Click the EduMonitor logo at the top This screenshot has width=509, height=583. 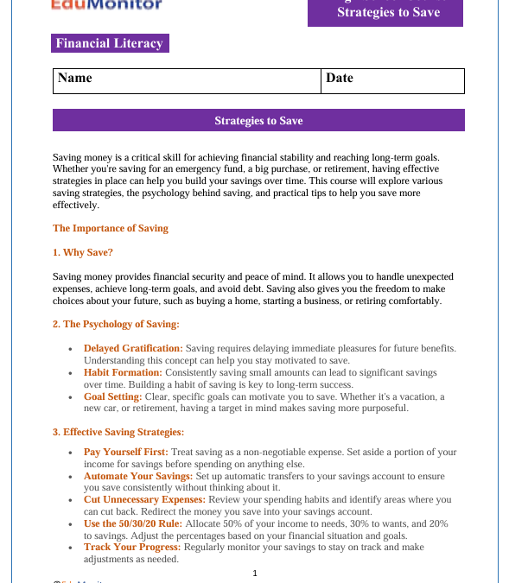click(x=106, y=5)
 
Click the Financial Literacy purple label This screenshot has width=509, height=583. click(x=109, y=43)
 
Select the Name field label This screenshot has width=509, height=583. click(x=75, y=79)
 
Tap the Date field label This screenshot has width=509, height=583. click(x=340, y=79)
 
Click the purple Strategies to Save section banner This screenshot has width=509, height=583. click(x=258, y=121)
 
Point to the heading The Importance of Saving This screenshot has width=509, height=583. click(x=111, y=229)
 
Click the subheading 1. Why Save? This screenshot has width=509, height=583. click(x=83, y=253)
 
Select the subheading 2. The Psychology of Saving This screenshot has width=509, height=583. click(x=116, y=325)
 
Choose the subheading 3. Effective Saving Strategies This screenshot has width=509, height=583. click(x=118, y=432)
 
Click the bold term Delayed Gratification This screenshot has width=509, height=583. click(x=133, y=348)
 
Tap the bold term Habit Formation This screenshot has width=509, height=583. click(x=123, y=372)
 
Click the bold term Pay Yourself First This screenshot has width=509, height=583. click(x=125, y=453)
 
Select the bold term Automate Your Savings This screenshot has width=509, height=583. click(x=137, y=476)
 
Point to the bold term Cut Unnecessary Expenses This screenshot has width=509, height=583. click(x=144, y=499)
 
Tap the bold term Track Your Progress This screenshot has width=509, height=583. click(x=132, y=548)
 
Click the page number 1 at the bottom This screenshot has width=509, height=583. click(x=255, y=573)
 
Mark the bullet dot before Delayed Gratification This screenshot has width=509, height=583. click(x=71, y=349)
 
